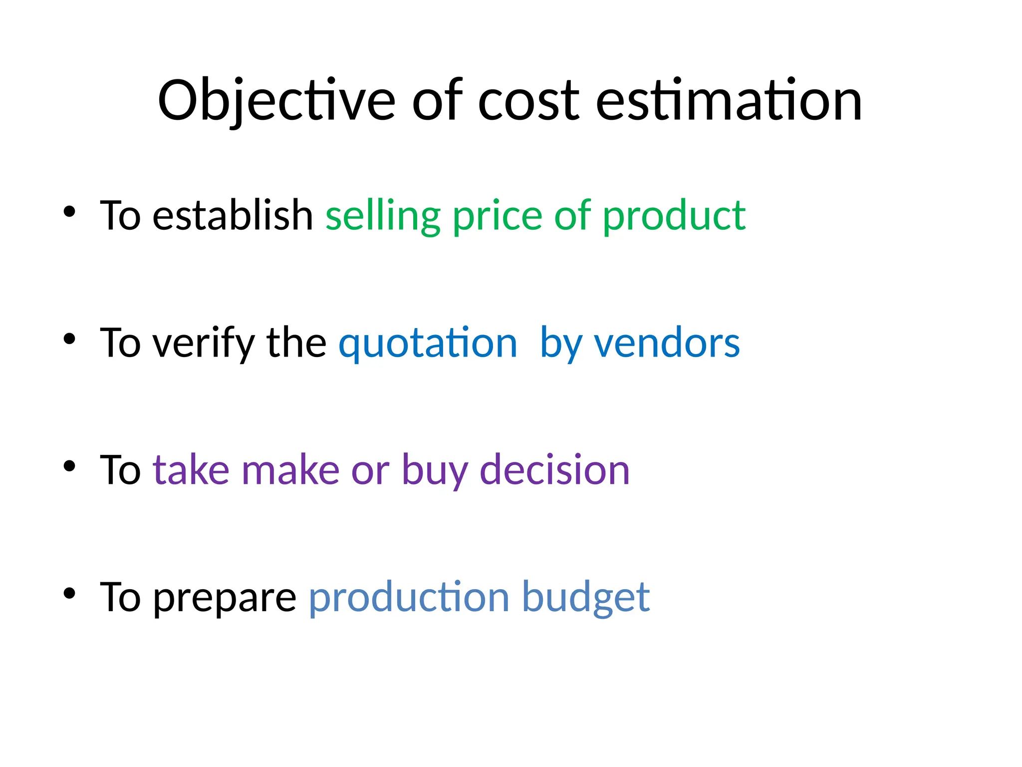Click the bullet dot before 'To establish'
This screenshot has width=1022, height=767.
coord(69,212)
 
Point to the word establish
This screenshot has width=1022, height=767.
coord(233,215)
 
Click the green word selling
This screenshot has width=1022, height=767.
coord(383,216)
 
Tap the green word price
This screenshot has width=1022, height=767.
coord(497,216)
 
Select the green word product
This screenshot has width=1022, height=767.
coord(674,216)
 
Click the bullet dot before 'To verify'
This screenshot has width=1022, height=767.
coord(69,339)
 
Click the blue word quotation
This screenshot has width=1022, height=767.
coord(428,344)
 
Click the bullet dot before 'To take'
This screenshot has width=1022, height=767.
coord(69,466)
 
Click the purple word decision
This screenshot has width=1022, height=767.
coord(554,470)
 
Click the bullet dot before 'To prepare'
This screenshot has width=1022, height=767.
coord(69,594)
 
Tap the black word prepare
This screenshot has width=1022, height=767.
coord(225,598)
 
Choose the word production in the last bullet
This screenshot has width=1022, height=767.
coord(409,598)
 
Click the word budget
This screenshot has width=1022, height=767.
coord(586,598)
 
